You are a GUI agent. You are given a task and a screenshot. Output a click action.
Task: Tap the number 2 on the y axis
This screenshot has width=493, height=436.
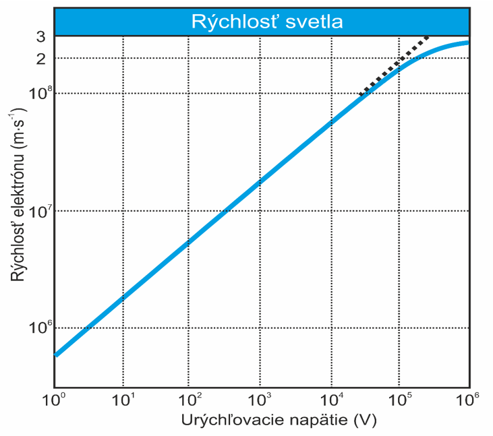pyautogui.click(x=40, y=59)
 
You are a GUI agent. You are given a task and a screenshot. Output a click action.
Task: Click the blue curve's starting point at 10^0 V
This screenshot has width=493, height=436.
pyautogui.click(x=57, y=354)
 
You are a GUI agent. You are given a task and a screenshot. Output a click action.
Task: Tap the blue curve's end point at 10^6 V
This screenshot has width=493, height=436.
pyautogui.click(x=467, y=43)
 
